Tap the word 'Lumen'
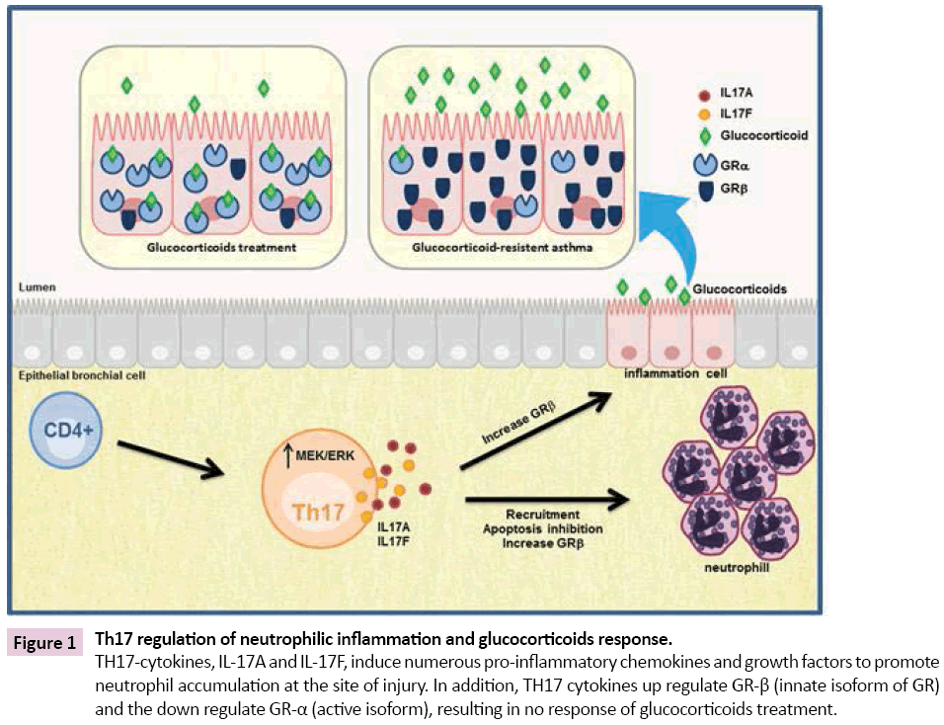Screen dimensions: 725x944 pos(37,288)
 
